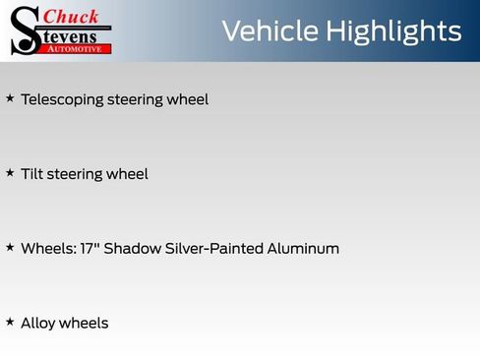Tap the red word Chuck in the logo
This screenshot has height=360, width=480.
click(72, 16)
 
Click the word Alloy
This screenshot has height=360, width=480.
click(37, 324)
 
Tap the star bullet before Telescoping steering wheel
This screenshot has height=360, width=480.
click(10, 98)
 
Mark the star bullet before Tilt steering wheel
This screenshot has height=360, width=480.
click(10, 172)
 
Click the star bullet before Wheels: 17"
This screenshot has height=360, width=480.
click(10, 247)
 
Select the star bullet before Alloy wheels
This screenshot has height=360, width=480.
click(10, 322)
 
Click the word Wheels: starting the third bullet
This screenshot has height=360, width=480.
click(45, 248)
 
